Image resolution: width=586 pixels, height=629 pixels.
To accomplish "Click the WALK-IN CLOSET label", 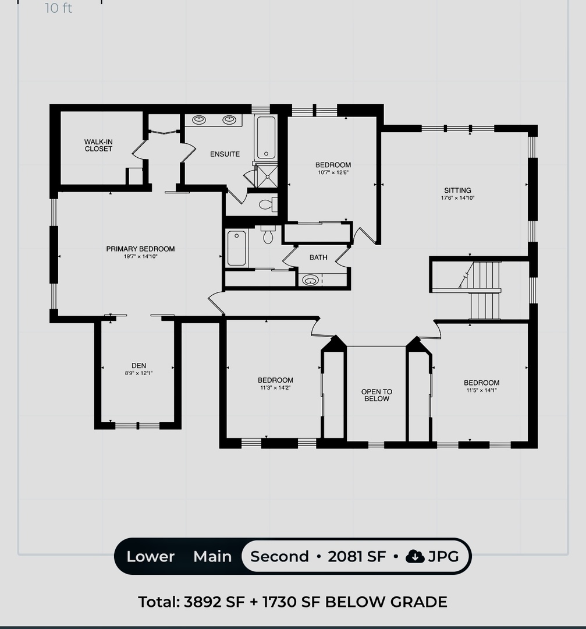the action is [98, 145].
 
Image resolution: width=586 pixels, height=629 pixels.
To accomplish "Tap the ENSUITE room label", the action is [225, 154].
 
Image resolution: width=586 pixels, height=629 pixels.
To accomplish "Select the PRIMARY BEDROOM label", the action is [140, 249].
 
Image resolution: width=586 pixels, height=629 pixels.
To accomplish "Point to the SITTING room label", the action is [457, 190].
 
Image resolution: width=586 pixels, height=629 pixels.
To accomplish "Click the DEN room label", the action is [138, 365].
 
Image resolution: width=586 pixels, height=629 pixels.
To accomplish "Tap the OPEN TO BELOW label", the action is [377, 395].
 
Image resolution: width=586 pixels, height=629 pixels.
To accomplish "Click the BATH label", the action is [318, 257].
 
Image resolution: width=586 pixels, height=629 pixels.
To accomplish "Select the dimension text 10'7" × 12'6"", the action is [333, 172].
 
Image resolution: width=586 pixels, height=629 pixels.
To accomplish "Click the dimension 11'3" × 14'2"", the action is [275, 387].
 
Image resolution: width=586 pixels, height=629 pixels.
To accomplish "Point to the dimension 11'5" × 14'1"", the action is [481, 390].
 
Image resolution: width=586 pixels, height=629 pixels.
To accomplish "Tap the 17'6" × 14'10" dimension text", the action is [458, 198].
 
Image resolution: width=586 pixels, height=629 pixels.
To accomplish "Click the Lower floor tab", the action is [150, 556].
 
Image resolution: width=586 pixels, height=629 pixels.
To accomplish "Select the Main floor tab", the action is [212, 556].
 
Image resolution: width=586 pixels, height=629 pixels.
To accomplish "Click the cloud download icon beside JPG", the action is [415, 556].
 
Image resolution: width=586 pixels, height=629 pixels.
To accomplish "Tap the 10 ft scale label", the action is [59, 8].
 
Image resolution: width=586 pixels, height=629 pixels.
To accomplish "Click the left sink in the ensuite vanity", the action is [199, 119].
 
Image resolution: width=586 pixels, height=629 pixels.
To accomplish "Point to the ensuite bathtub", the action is [266, 137].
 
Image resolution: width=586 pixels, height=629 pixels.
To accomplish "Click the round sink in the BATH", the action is [310, 280].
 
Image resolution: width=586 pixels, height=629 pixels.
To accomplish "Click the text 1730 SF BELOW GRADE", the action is [355, 602].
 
